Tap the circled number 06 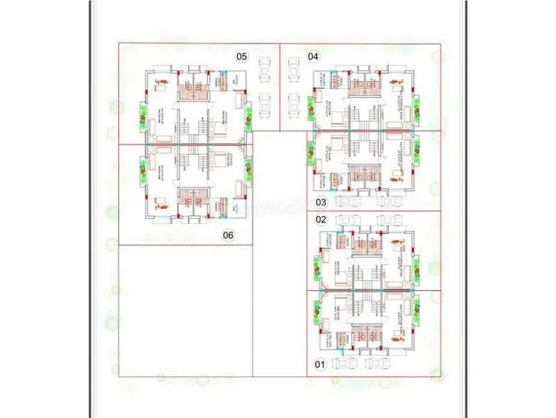click(x=228, y=236)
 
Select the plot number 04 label click(x=313, y=56)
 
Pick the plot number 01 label click(x=322, y=365)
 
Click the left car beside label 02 click(x=352, y=221)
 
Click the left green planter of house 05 click(x=141, y=114)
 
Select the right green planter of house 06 click(x=249, y=165)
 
